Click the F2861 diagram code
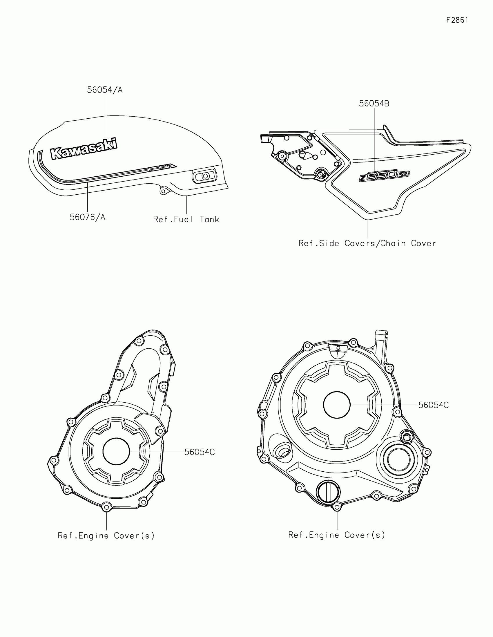pyautogui.click(x=457, y=20)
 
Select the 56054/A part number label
pyautogui.click(x=105, y=90)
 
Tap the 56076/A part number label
pyautogui.click(x=87, y=217)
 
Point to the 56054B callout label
pyautogui.click(x=374, y=104)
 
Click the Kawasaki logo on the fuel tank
pyautogui.click(x=84, y=149)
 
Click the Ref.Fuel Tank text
pyautogui.click(x=186, y=219)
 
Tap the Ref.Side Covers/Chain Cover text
pyautogui.click(x=367, y=243)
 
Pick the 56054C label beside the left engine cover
pyautogui.click(x=200, y=452)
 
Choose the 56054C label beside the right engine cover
pyautogui.click(x=433, y=405)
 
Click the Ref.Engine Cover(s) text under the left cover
pyautogui.click(x=106, y=536)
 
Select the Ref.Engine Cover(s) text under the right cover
pyautogui.click(x=337, y=535)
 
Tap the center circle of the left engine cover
pyautogui.click(x=116, y=451)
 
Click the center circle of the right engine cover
pyautogui.click(x=337, y=405)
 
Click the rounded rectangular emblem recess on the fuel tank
pyautogui.click(x=204, y=176)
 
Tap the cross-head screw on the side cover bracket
pyautogui.click(x=322, y=174)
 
